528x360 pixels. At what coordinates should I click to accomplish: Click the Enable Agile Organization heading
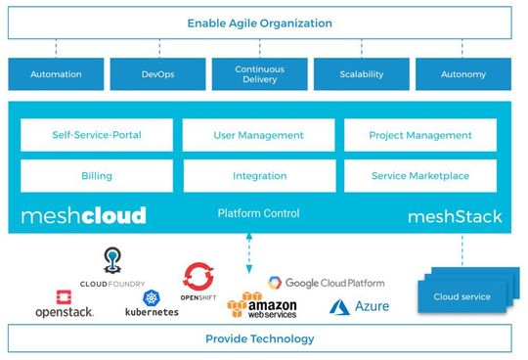259,22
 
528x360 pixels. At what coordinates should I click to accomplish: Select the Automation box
56,74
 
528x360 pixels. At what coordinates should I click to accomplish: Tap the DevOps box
156,74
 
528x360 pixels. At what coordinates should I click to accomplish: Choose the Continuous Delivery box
259,74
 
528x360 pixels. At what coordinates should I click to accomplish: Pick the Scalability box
361,74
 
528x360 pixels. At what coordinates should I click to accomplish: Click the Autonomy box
463,74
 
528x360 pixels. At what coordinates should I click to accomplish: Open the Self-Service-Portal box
96,135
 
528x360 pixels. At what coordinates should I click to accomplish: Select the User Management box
258,135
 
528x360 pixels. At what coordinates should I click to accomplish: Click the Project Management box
420,135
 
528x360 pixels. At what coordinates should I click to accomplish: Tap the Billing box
96,176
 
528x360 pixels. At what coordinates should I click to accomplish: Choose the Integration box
258,176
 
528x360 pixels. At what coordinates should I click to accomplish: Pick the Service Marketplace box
420,176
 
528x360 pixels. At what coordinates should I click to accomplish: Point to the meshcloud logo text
83,215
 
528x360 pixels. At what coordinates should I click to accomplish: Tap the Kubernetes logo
152,304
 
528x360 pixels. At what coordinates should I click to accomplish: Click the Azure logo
359,306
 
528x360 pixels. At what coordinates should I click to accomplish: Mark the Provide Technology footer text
259,338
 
